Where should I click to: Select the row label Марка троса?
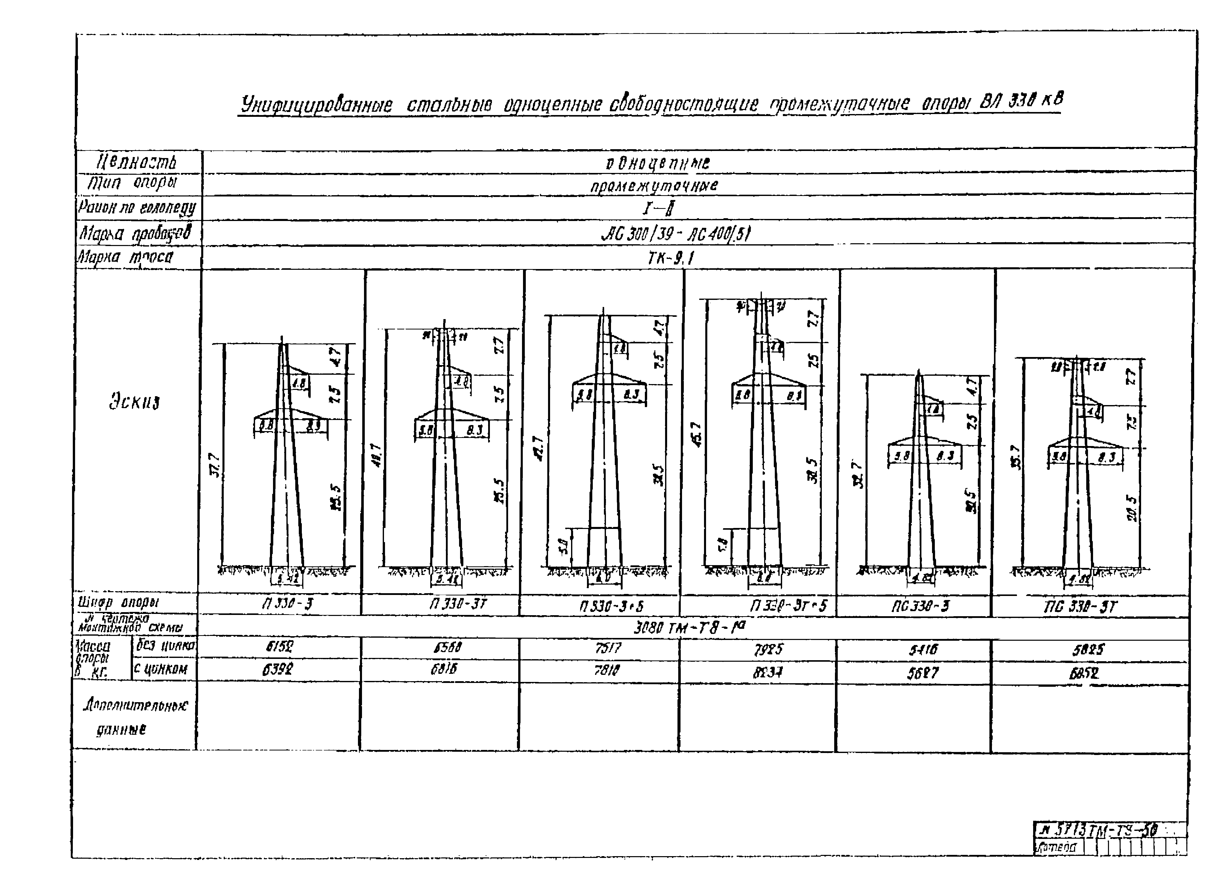click(x=126, y=257)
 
